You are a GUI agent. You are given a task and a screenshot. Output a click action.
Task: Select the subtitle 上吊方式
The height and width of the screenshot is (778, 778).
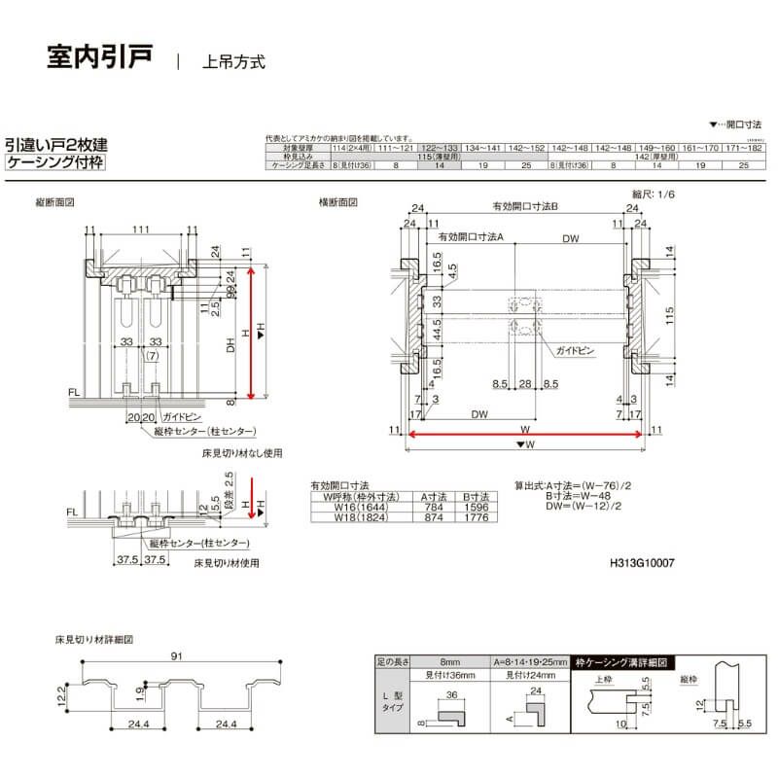pos(233,62)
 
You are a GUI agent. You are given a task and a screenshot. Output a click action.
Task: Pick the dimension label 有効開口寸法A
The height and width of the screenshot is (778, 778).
pos(470,236)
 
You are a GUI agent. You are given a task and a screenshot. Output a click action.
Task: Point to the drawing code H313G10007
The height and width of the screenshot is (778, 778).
pos(642,562)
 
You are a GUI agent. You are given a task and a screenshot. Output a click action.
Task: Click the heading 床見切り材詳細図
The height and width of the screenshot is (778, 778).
pos(94,641)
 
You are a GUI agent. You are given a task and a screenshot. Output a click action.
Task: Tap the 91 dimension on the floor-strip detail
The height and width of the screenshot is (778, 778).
pos(176,656)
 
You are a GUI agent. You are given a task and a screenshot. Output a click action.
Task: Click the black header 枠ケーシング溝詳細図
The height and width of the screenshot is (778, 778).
pos(621,662)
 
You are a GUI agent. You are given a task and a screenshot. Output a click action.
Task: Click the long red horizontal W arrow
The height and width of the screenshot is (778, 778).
pos(525,436)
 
